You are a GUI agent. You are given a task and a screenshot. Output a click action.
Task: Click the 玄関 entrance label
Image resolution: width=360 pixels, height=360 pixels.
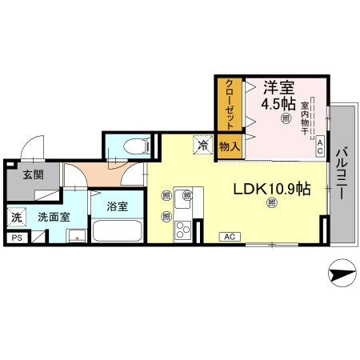tap(33, 175)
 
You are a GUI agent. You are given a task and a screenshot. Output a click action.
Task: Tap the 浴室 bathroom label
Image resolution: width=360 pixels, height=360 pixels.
tap(118, 206)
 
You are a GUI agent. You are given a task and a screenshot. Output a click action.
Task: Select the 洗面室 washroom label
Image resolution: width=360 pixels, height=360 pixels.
tap(54, 218)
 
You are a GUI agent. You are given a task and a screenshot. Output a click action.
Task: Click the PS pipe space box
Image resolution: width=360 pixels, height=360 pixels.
tap(17, 238)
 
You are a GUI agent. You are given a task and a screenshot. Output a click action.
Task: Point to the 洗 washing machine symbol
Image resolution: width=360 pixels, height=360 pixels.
tap(17, 218)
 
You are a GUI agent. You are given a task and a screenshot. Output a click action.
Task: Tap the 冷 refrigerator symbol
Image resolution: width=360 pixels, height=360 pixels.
tap(203, 145)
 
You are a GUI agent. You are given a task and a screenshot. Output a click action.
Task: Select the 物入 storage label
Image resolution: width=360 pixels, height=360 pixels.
tap(230, 146)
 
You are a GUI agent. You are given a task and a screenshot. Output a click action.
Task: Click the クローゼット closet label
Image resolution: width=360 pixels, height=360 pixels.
tap(230, 104)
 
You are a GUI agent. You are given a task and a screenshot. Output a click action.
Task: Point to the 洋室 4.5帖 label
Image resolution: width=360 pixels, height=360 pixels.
tap(278, 95)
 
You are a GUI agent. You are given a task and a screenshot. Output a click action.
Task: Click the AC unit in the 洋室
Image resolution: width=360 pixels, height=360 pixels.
tap(320, 146)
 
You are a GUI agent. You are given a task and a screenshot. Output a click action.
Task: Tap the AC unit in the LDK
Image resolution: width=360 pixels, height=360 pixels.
tap(230, 237)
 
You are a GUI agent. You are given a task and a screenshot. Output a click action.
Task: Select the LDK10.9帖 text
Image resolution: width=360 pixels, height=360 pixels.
tap(272, 189)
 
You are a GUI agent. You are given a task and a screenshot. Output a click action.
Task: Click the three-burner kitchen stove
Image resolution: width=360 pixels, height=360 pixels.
tap(182, 230)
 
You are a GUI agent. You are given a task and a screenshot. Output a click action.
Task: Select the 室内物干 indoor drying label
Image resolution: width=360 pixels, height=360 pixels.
tap(305, 118)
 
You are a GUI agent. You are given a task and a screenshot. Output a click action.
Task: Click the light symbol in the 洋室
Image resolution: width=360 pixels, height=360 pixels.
tap(286, 118)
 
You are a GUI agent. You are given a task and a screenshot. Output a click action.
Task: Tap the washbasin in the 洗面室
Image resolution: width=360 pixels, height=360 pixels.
tap(77, 236)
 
